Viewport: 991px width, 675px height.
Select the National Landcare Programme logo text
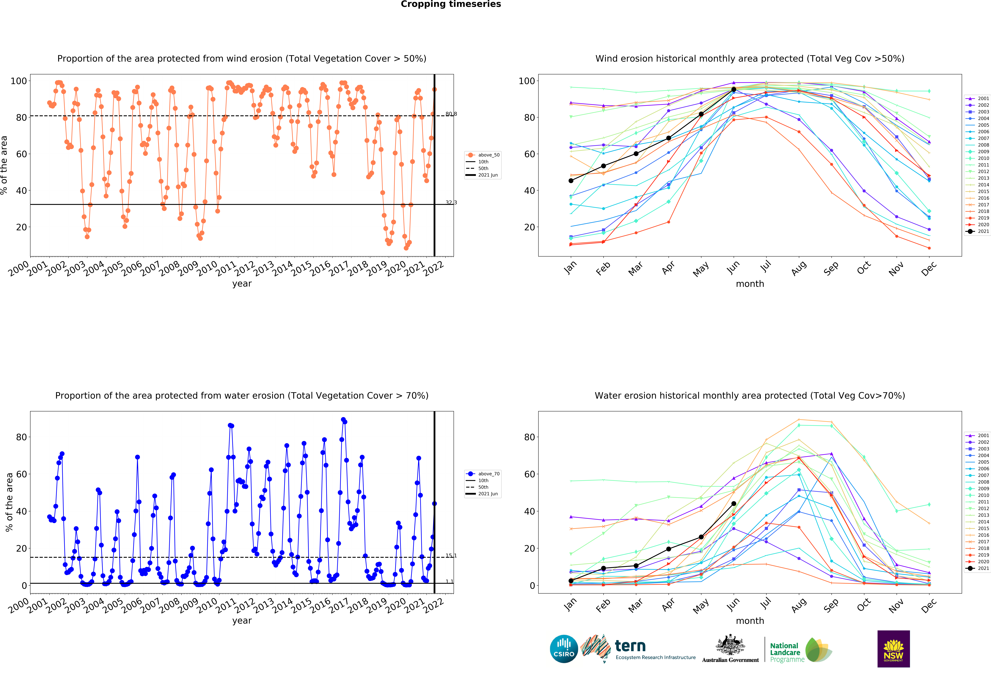click(x=787, y=652)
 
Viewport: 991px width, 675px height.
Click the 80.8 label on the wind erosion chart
click(x=451, y=114)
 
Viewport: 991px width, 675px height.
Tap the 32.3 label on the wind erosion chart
click(x=451, y=202)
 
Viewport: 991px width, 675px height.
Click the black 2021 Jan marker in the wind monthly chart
click(x=571, y=181)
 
